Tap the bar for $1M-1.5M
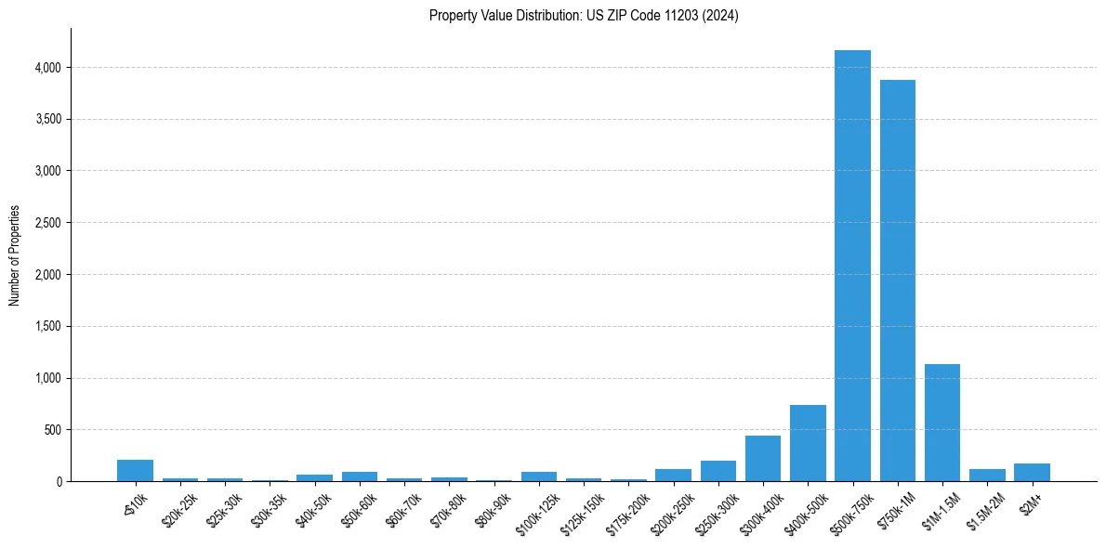coord(941,423)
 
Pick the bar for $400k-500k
coord(808,443)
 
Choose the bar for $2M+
coord(1032,472)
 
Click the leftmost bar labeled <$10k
coord(135,471)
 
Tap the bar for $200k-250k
coord(673,475)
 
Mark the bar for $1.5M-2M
coord(987,475)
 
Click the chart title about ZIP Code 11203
coord(584,16)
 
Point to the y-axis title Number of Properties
coord(15,255)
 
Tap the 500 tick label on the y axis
coord(52,430)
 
